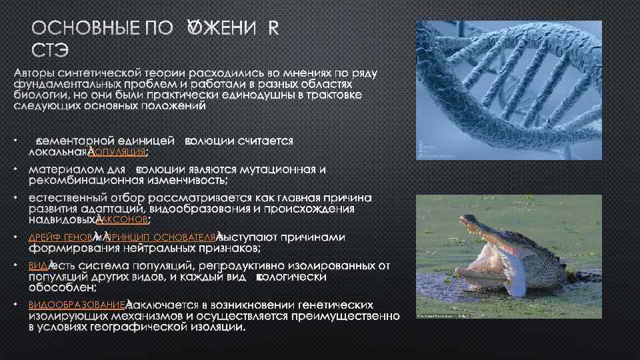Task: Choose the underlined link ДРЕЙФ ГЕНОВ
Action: click(61, 237)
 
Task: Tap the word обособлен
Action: click(61, 287)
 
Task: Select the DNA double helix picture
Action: click(508, 90)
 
